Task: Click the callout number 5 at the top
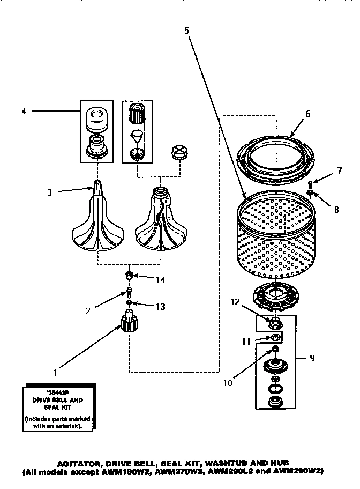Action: (186, 31)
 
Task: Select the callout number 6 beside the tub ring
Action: (308, 114)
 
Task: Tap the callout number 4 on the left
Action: (24, 112)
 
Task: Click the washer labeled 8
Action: (310, 194)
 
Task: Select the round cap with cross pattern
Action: (178, 153)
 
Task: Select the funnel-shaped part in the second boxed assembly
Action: (138, 136)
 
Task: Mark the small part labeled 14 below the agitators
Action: (129, 276)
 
